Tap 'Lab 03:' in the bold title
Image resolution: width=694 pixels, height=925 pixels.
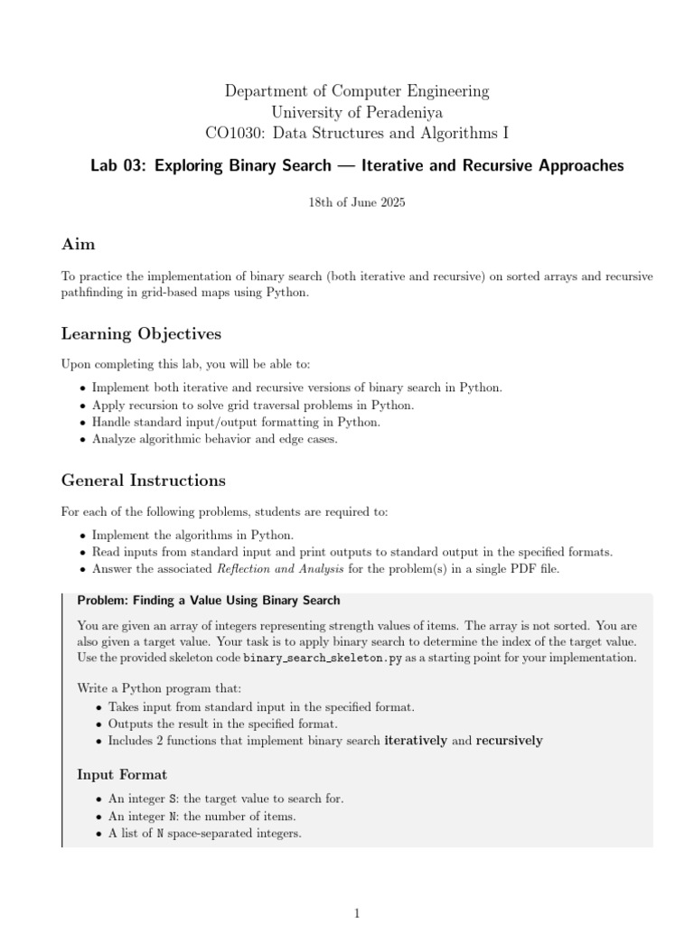tap(118, 166)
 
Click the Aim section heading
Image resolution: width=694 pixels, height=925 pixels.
tap(78, 245)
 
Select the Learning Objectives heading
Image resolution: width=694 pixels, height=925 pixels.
tap(141, 334)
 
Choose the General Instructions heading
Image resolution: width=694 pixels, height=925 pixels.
tap(143, 481)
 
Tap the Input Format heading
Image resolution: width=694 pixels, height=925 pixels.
tap(122, 775)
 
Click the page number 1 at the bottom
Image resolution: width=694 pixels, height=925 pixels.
tap(357, 913)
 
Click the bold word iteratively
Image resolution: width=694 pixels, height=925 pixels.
tap(416, 741)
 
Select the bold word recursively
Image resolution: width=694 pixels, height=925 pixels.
tap(509, 741)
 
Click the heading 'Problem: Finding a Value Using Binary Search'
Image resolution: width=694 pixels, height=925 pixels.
tap(209, 601)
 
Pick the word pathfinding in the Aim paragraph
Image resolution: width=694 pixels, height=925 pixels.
tap(93, 294)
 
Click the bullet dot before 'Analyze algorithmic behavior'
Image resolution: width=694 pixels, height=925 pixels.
tap(83, 440)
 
